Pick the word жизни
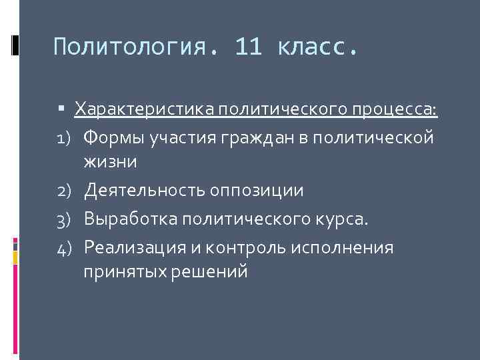(111, 161)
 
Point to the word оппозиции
(257, 191)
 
